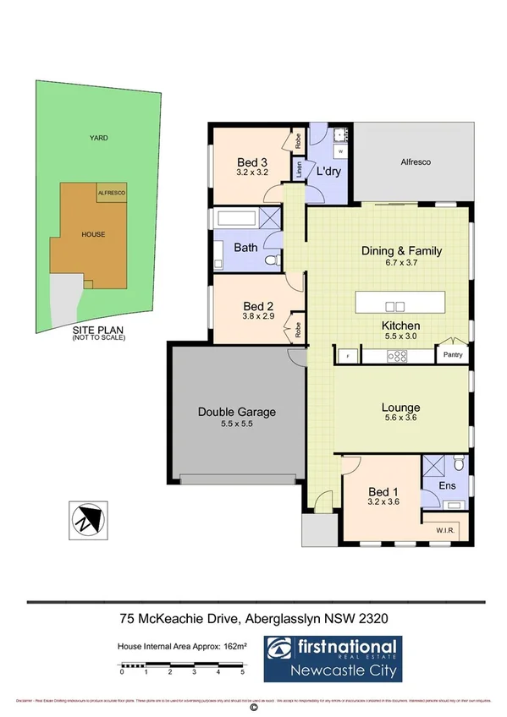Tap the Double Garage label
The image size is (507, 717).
[x=236, y=412]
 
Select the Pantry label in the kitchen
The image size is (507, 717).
[x=453, y=355]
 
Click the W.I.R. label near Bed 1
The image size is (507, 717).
[x=447, y=531]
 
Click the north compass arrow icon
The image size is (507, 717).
[x=86, y=518]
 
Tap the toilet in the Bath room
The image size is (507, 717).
[x=272, y=261]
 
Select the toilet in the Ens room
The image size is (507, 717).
[x=458, y=463]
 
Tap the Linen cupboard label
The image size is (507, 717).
[x=299, y=169]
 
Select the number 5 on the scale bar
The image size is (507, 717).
[x=243, y=673]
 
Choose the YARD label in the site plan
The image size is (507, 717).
[x=100, y=137]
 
